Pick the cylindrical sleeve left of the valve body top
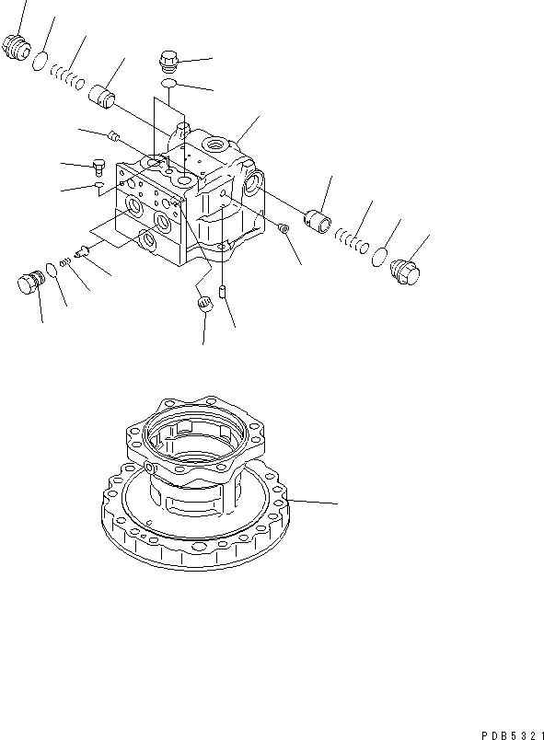(x=103, y=96)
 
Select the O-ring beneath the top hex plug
(x=168, y=85)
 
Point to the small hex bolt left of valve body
(x=98, y=168)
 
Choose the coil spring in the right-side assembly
(x=350, y=241)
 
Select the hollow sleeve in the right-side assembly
(x=318, y=221)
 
